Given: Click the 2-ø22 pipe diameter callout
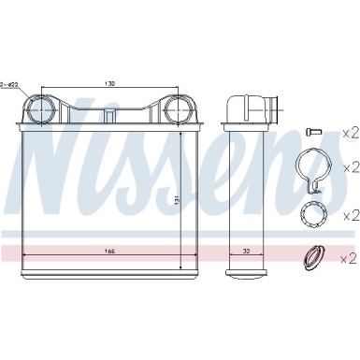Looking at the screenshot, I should click(x=10, y=83).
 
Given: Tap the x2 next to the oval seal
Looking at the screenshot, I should click(x=347, y=256).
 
